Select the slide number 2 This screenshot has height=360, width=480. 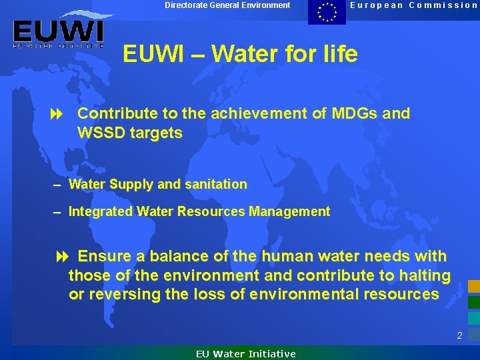(459, 336)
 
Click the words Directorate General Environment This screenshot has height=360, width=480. (227, 5)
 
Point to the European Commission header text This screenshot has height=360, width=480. (414, 5)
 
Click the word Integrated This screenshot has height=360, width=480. (101, 211)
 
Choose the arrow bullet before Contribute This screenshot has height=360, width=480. (57, 114)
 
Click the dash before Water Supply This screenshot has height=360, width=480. (58, 185)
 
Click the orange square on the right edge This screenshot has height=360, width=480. (473, 286)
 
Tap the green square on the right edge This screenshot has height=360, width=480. (473, 302)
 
